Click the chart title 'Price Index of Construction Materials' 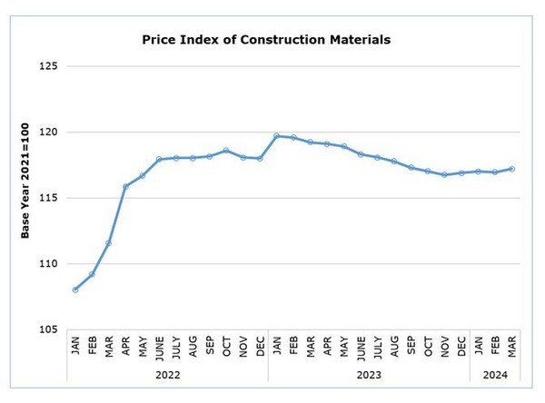coord(267,40)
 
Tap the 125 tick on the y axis coord(47,66)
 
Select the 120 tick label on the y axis coord(47,133)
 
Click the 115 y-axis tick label coord(47,198)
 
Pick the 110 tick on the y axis coord(47,263)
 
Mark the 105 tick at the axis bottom coord(47,329)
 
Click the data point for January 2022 coord(74,290)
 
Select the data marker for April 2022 coord(125,187)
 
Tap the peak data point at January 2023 coord(277,136)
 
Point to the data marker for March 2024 coord(513,169)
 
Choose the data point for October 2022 coord(226,151)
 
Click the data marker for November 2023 coord(445,174)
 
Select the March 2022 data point coord(109,243)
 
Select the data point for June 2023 coord(361,154)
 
